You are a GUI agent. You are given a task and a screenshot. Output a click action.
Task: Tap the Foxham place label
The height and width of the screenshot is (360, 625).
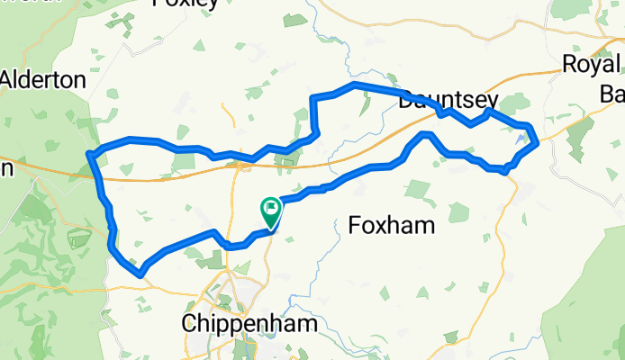(391, 226)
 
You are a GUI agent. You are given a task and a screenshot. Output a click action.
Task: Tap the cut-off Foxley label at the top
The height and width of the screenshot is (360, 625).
(186, 4)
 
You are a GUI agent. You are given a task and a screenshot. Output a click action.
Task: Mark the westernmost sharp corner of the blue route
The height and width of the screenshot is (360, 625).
(88, 155)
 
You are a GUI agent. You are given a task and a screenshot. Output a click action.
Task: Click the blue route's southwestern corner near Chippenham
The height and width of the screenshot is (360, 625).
(139, 273)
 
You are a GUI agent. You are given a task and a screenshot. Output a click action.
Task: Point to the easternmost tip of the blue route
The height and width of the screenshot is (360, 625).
(537, 141)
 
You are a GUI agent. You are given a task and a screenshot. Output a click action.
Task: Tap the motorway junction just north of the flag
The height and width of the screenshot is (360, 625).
(240, 165)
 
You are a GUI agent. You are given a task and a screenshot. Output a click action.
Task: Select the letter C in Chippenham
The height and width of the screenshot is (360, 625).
(189, 323)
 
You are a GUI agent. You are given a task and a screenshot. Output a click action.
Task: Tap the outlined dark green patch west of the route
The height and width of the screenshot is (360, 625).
(78, 238)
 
